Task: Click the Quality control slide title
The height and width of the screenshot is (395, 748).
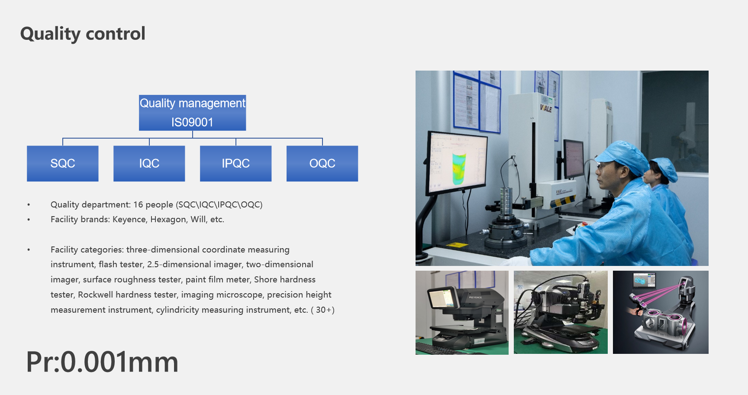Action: coord(83,34)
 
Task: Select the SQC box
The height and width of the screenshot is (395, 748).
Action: coord(63,163)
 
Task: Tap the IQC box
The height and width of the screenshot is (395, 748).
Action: coord(149,163)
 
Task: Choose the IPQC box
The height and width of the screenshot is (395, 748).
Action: coord(236,163)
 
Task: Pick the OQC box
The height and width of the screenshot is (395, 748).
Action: coord(322,163)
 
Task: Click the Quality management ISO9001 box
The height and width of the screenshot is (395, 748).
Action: coord(193,113)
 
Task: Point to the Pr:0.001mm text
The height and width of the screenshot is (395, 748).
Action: coord(102,362)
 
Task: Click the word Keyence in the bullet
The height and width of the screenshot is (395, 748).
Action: coord(129,220)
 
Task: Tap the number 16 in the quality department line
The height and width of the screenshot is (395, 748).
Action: coord(138,204)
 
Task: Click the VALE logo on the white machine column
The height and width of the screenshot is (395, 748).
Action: coord(546,108)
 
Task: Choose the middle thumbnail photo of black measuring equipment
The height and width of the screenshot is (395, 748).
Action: coord(561,312)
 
